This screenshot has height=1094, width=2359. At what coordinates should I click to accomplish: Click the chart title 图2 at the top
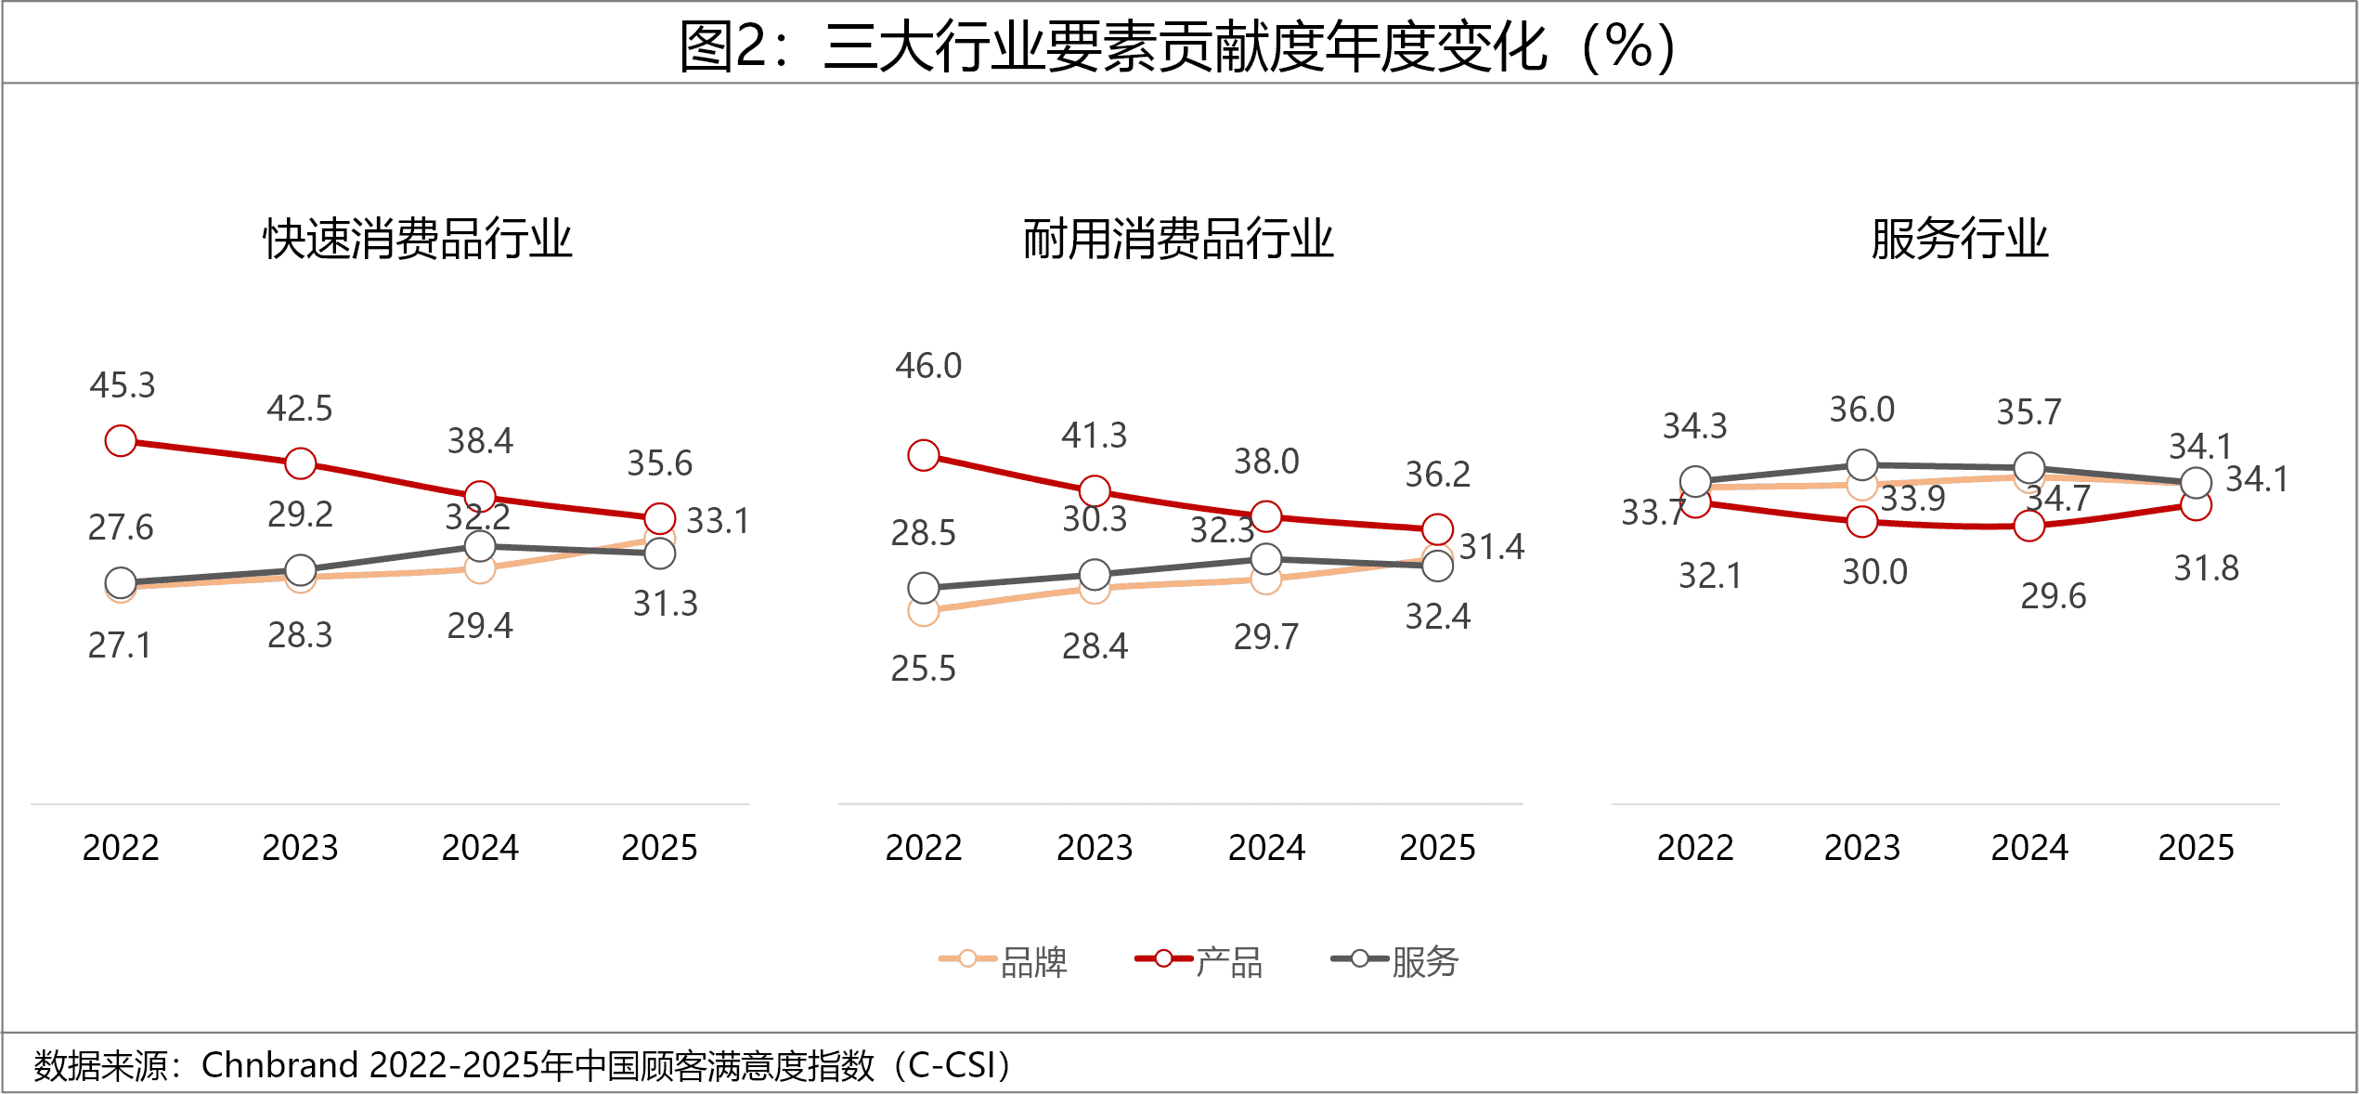(1177, 46)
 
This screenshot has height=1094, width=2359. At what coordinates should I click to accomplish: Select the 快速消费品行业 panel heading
(417, 240)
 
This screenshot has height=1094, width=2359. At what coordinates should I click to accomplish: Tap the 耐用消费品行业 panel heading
(1177, 240)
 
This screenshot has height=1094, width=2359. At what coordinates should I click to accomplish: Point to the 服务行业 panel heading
(1959, 240)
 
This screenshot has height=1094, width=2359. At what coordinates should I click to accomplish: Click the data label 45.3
(123, 385)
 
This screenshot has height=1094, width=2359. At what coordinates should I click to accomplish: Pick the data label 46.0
(928, 366)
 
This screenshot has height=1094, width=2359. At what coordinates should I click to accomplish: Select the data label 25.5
(923, 669)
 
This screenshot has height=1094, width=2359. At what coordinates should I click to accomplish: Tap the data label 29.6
(2054, 596)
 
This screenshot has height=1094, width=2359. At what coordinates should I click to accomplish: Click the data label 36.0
(1862, 410)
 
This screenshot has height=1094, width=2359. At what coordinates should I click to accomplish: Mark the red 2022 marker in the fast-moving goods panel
(121, 441)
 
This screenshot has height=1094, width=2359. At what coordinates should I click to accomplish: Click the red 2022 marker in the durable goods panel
(924, 455)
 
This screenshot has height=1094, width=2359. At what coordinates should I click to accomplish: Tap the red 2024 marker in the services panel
(2029, 526)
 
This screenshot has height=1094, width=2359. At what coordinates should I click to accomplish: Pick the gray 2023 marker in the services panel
(1862, 464)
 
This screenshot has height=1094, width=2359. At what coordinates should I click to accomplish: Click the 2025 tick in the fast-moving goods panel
(659, 848)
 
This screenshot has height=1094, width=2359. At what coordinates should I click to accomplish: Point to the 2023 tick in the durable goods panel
(1095, 848)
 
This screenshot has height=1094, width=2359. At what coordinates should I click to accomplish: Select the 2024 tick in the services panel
(2029, 848)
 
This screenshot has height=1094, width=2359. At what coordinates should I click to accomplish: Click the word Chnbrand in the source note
(279, 1065)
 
